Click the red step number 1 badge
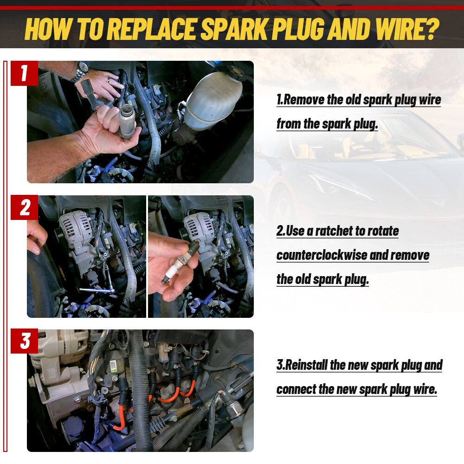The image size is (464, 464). click(x=24, y=73)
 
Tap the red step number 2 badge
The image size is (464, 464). click(x=24, y=207)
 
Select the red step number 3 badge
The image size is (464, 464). click(x=24, y=341)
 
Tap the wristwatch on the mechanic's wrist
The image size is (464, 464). click(x=80, y=71)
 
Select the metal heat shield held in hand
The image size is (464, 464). click(x=127, y=121)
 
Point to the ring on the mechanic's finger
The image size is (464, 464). click(x=109, y=80)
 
